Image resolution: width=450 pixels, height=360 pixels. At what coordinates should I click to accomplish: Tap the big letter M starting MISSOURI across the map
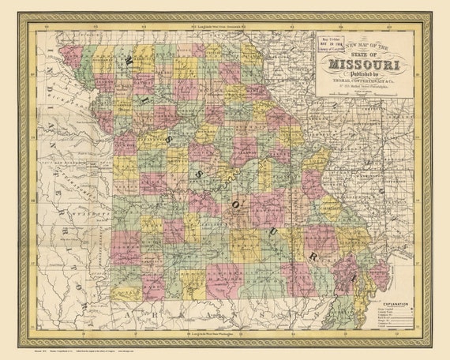tap(128, 62)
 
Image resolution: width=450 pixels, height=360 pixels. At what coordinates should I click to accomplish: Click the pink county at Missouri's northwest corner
tap(72, 56)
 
